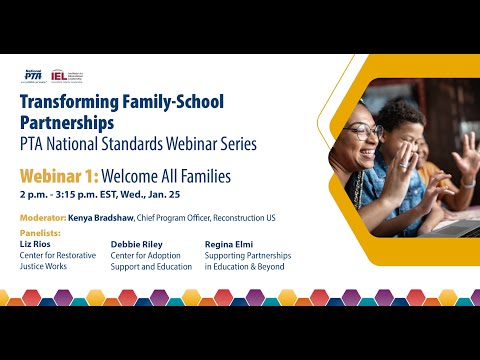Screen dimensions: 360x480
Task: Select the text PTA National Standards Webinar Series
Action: [x=138, y=144]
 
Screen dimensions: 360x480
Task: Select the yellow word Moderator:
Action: [x=42, y=218]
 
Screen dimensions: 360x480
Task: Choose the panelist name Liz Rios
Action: [x=36, y=243]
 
